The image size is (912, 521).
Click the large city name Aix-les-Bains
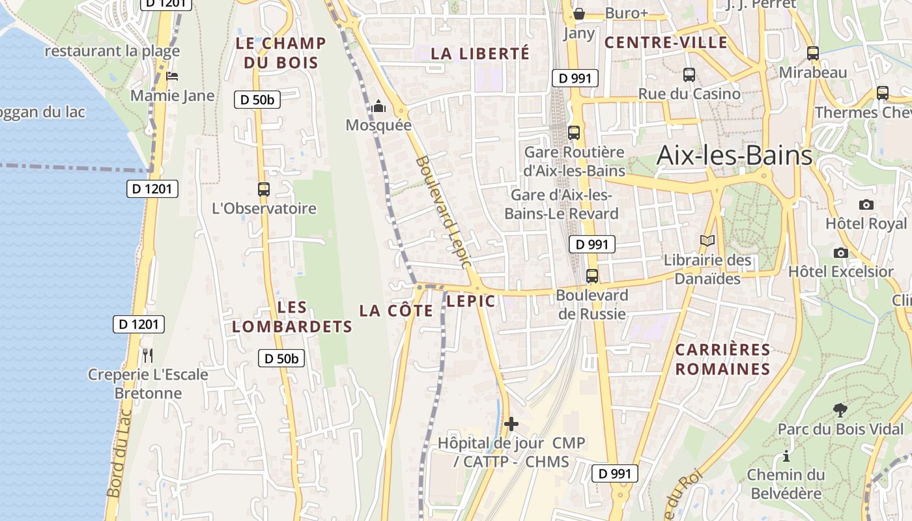734,156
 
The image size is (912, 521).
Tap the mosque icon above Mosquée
378,106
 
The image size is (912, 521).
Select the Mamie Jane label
172,96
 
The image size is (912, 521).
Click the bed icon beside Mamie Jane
172,76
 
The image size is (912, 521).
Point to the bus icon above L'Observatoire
263,190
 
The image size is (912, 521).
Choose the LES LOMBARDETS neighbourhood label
292,317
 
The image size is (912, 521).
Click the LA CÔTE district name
396,311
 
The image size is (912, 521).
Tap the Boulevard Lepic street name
442,212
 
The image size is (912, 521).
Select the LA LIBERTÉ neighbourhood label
480,53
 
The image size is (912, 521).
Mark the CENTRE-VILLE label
666,43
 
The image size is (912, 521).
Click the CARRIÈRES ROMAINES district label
722,359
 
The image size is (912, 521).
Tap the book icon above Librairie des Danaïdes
707,240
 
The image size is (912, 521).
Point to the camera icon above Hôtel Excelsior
841,253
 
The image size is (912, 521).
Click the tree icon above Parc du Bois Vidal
840,410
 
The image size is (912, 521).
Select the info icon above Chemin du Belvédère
786,456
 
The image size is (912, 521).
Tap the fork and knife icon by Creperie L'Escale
148,355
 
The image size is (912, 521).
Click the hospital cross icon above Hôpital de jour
511,424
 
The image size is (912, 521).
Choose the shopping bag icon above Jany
578,14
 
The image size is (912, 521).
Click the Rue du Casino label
689,94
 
